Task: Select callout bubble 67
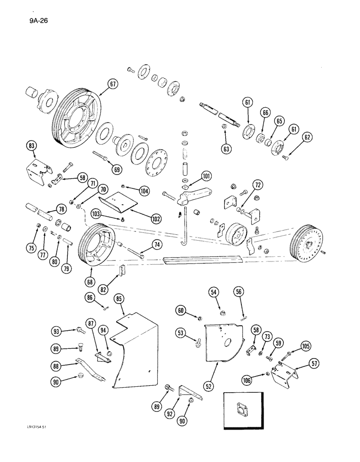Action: pos(113,84)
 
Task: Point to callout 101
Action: pos(205,176)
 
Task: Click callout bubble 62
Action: pos(306,137)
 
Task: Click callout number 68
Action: pos(90,280)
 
